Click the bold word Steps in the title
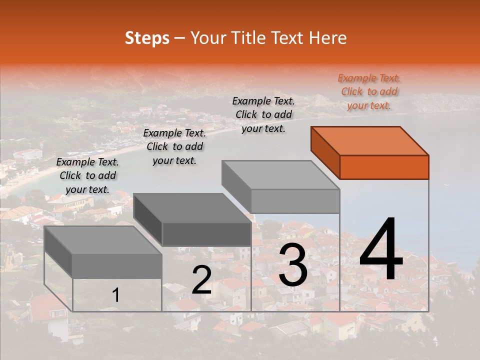coord(147,38)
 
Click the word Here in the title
coord(328,38)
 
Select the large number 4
coord(381,250)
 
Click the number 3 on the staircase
coord(293,266)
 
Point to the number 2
coord(201,280)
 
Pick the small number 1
coord(115,295)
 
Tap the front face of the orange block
coord(384,167)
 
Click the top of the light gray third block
coord(280,175)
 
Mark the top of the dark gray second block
coord(192,208)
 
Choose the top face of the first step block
coord(103,240)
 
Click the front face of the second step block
coord(206,234)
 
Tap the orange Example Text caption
coord(369,91)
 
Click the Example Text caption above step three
coord(263,114)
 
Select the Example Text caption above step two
coord(174,146)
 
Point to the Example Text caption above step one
coord(87,175)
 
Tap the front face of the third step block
coord(295,201)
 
